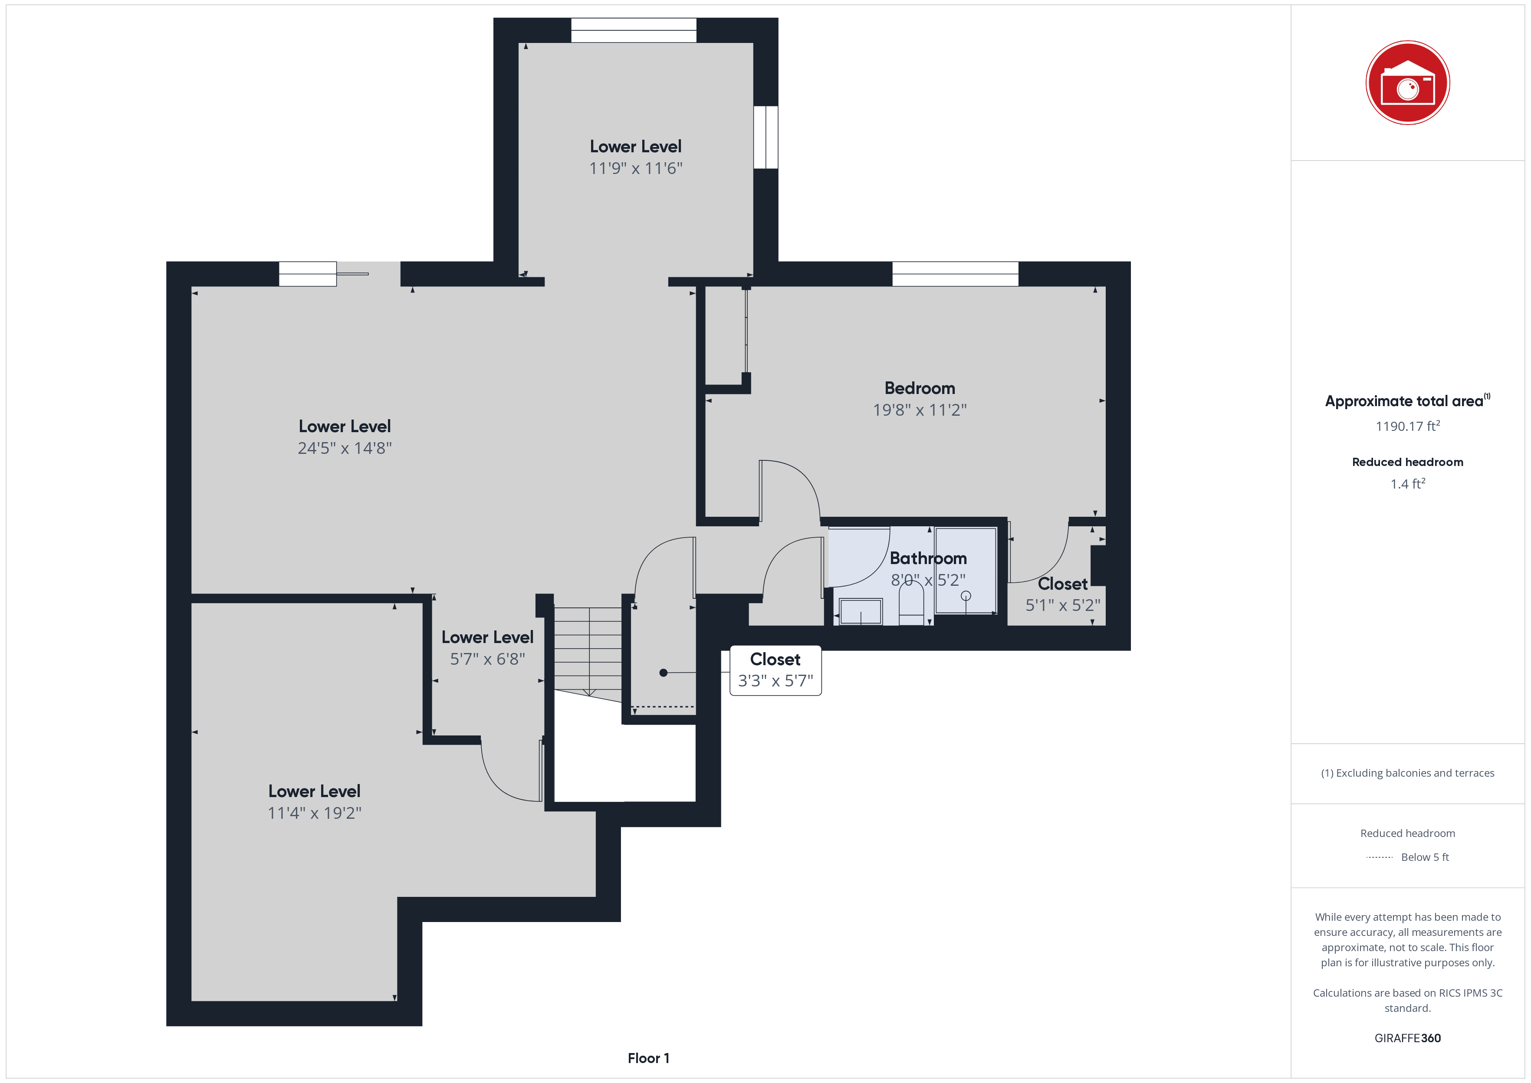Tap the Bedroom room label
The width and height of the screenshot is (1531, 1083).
[920, 388]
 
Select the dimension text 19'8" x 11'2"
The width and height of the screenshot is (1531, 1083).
[920, 410]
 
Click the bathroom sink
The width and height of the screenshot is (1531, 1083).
[861, 611]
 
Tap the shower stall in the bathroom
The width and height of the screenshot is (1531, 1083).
[966, 570]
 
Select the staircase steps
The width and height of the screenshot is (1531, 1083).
[588, 651]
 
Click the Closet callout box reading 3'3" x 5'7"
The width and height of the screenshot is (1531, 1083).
[775, 670]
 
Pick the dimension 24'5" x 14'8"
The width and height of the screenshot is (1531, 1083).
[345, 448]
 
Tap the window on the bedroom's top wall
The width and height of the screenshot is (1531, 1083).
[955, 274]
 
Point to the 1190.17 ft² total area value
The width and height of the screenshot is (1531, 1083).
[1408, 426]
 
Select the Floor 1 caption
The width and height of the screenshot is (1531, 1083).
[648, 1058]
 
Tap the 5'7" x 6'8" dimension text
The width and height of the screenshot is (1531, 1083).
[487, 660]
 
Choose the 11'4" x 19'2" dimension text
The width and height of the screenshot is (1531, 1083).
[314, 813]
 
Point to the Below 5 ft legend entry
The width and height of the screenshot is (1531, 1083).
[1425, 857]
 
